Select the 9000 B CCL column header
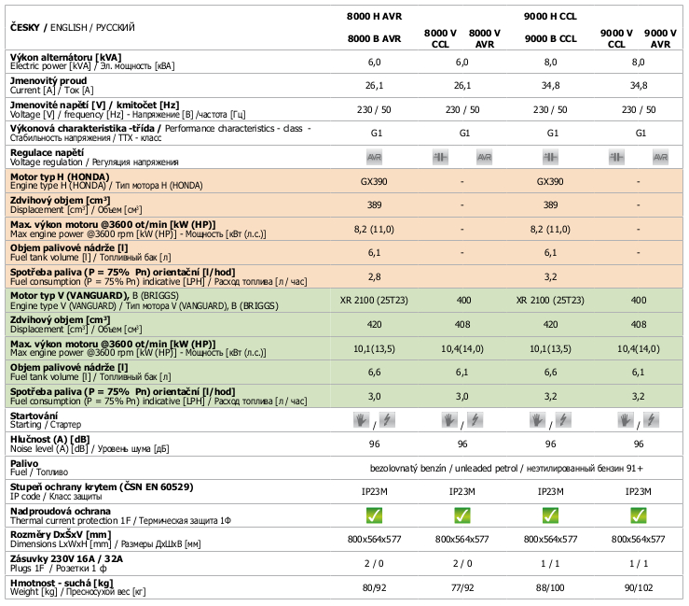(550, 38)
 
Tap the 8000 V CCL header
(440, 38)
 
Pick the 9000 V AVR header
(660, 38)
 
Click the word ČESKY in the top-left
(29, 28)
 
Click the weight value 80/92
(374, 588)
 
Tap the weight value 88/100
(550, 588)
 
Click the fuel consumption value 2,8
(374, 277)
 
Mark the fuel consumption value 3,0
(374, 396)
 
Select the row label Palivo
(23, 462)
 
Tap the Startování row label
(34, 414)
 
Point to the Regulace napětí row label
(47, 151)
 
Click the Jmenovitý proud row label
(48, 81)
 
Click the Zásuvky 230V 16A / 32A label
(66, 557)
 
